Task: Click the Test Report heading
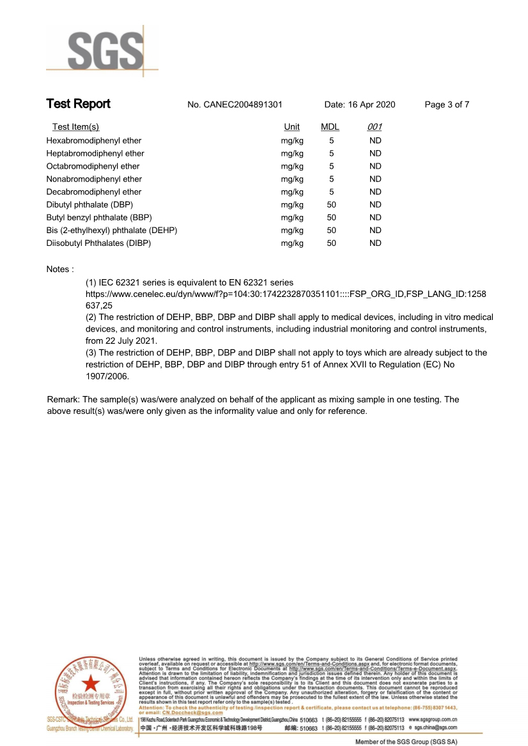(x=78, y=104)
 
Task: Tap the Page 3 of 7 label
(x=447, y=105)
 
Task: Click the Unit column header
(x=291, y=127)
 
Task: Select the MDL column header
(x=330, y=127)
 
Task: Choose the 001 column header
(x=375, y=127)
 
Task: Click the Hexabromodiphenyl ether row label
(x=94, y=141)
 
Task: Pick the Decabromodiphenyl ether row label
(x=94, y=192)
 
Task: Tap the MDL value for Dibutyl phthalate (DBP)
(x=331, y=204)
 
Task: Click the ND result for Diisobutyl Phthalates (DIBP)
(x=375, y=243)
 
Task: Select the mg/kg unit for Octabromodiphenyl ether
(x=292, y=166)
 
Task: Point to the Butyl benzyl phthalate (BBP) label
(x=98, y=217)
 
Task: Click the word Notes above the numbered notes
(x=59, y=269)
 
